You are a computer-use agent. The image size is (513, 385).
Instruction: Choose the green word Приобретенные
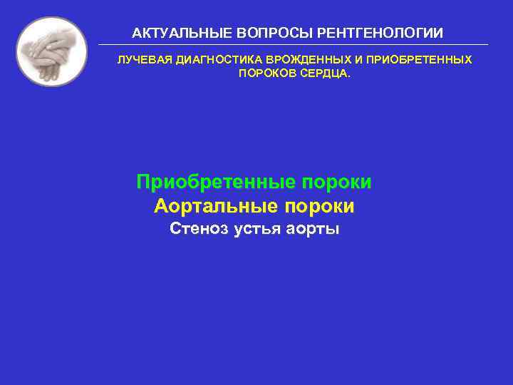(x=216, y=182)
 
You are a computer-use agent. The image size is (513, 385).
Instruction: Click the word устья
(x=259, y=229)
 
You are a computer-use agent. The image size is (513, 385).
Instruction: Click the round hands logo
(x=51, y=51)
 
